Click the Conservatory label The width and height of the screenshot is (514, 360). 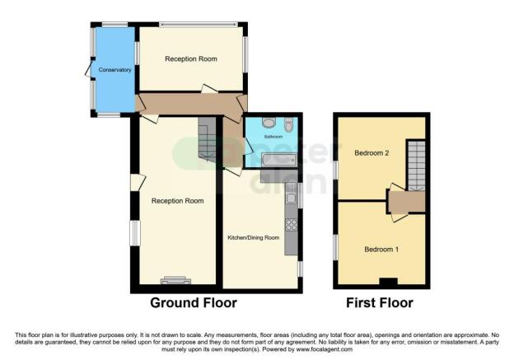pos(114,70)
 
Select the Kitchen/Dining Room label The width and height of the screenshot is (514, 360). pos(254,237)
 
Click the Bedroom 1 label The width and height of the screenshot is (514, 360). pos(381,249)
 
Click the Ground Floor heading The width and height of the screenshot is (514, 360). pos(193,303)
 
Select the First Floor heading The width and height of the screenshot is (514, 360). pos(380,303)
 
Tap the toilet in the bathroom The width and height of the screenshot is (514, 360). pos(287,125)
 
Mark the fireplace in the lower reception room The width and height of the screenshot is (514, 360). pos(175,280)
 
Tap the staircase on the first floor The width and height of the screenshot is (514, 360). pos(418,165)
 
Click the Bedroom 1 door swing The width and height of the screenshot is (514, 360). pos(399,216)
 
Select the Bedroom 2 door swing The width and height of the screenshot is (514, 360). pos(397,189)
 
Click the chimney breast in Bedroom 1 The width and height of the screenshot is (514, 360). pos(386,283)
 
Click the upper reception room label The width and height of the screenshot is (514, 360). pos(191,59)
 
